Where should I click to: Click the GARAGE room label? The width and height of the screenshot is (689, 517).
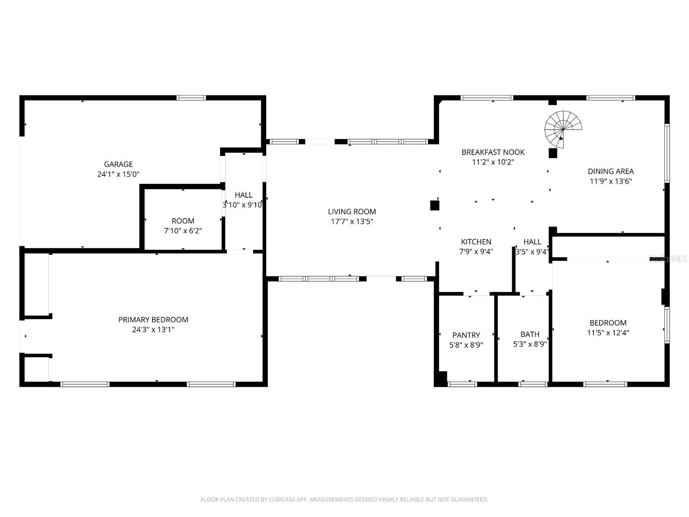click(118, 164)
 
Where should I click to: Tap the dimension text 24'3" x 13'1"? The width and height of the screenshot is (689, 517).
click(153, 330)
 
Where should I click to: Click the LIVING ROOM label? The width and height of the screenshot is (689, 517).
click(352, 212)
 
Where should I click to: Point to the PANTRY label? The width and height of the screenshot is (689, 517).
click(466, 335)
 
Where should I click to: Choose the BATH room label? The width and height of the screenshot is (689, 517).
click(530, 334)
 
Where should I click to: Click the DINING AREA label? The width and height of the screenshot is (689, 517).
click(611, 171)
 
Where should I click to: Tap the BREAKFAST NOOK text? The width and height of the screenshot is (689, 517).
click(493, 152)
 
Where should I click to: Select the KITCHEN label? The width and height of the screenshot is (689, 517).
click(476, 242)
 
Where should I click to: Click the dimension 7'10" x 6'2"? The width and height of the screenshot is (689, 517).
click(183, 231)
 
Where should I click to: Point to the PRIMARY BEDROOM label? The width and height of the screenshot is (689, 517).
click(153, 320)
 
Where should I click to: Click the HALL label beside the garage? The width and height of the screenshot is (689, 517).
click(243, 195)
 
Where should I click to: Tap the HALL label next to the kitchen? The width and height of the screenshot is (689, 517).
click(532, 242)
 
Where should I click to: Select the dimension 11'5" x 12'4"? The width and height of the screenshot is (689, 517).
click(608, 333)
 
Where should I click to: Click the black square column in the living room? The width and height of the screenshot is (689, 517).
click(435, 206)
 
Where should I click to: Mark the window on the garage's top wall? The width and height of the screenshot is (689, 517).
click(191, 98)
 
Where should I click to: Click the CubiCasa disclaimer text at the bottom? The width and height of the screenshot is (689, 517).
click(344, 499)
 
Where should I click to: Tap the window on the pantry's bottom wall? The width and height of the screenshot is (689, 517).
click(462, 384)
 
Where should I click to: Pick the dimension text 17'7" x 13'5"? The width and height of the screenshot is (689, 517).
click(352, 222)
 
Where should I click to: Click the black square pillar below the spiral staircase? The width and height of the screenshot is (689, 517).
click(553, 153)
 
